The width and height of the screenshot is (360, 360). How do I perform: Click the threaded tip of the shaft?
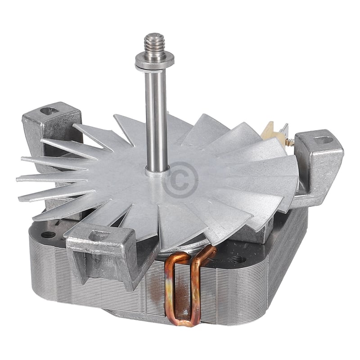(x=154, y=43)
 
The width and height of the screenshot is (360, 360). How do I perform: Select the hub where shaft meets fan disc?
(x=157, y=171)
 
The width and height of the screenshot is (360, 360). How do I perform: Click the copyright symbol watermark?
(x=180, y=180)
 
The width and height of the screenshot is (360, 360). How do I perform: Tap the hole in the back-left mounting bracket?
(x=49, y=109)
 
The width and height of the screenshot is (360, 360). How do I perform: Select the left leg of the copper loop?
(x=171, y=288)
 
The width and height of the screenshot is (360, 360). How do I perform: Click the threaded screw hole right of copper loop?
(x=238, y=259)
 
